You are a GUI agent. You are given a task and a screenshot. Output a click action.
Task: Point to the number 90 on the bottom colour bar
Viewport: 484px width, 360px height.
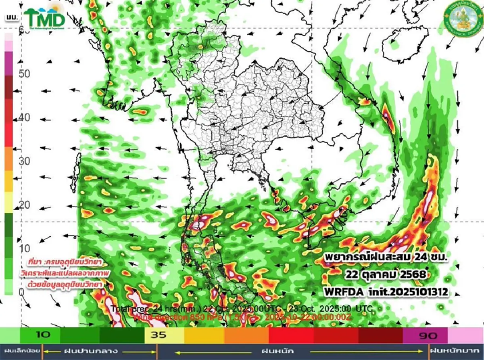[x=426, y=335]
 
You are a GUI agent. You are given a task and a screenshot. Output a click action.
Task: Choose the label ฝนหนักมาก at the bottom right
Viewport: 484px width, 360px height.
[x=456, y=351]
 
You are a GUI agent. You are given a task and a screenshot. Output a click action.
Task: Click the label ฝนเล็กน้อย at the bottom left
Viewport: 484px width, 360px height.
[x=20, y=351]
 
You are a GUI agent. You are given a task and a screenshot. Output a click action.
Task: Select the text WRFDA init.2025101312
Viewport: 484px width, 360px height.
[x=386, y=291]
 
